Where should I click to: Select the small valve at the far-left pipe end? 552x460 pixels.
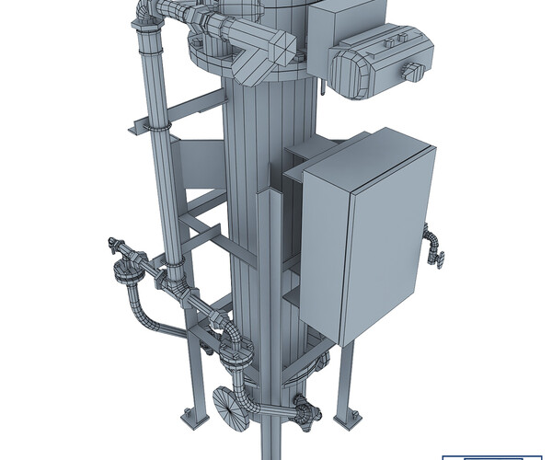[x=116, y=247]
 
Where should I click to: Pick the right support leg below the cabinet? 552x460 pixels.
[x=347, y=377]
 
